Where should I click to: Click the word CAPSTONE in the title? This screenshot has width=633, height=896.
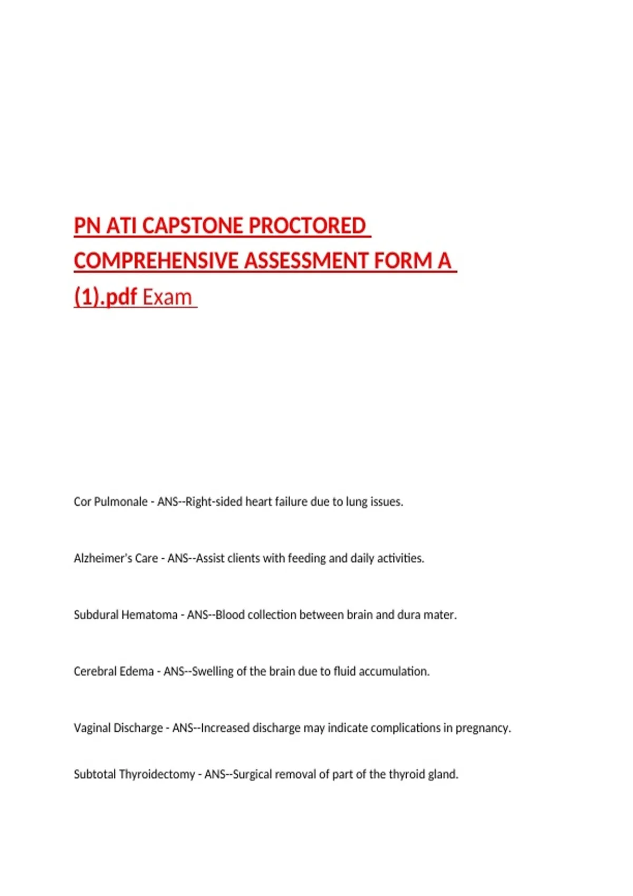click(x=193, y=226)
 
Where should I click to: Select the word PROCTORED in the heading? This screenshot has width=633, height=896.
click(x=307, y=226)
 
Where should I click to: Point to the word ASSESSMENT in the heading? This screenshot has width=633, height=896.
click(x=306, y=261)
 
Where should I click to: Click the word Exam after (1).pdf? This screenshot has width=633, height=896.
click(x=167, y=297)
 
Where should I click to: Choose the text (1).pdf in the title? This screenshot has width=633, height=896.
click(x=105, y=297)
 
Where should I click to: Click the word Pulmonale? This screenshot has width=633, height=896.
click(x=121, y=502)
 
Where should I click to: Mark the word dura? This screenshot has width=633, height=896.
click(x=409, y=615)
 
